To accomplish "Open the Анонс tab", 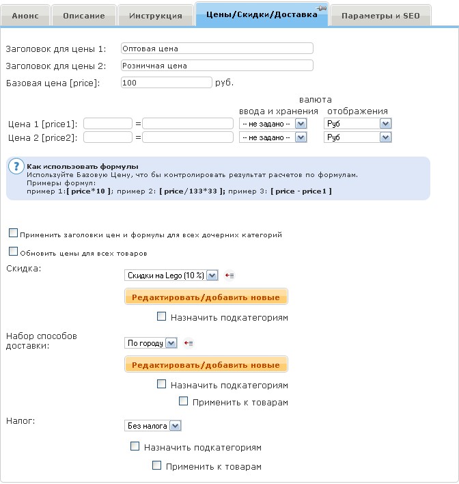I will pyautogui.click(x=29, y=15).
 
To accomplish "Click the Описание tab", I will pyautogui.click(x=83, y=15).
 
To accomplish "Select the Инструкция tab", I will pyautogui.click(x=156, y=15).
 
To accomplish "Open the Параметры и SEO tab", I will pyautogui.click(x=380, y=15).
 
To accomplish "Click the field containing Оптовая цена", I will pyautogui.click(x=217, y=49).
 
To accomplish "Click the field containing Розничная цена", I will pyautogui.click(x=217, y=66).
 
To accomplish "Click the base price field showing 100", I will pyautogui.click(x=166, y=83).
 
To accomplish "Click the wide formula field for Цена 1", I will pyautogui.click(x=188, y=124).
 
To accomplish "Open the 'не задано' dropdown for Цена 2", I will pyautogui.click(x=273, y=137).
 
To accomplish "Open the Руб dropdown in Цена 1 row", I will pyautogui.click(x=357, y=124).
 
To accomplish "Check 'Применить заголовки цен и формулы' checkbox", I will pyautogui.click(x=14, y=234).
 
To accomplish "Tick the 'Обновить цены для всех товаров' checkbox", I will pyautogui.click(x=14, y=252).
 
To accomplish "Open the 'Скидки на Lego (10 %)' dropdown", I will pyautogui.click(x=171, y=275).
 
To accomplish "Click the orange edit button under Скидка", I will pyautogui.click(x=206, y=297).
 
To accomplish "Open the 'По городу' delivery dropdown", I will pyautogui.click(x=151, y=342).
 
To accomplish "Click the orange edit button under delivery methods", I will pyautogui.click(x=206, y=364).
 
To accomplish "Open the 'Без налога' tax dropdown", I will pyautogui.click(x=154, y=425).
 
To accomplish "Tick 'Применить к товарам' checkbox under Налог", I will pyautogui.click(x=157, y=466).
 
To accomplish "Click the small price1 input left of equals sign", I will pyautogui.click(x=107, y=124).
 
